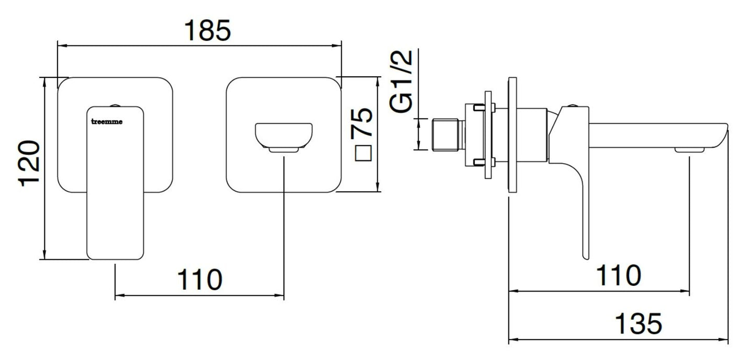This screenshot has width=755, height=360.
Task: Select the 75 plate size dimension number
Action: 362,122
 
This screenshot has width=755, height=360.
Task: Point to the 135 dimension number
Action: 637,324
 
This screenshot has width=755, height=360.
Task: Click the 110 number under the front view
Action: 200,280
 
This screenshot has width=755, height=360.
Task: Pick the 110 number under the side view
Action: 618,275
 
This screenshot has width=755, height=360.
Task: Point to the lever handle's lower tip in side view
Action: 585,254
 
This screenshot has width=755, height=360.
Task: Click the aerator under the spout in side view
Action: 689,150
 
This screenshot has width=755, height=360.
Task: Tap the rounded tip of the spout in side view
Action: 724,134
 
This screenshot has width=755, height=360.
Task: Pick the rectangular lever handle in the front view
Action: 115,183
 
